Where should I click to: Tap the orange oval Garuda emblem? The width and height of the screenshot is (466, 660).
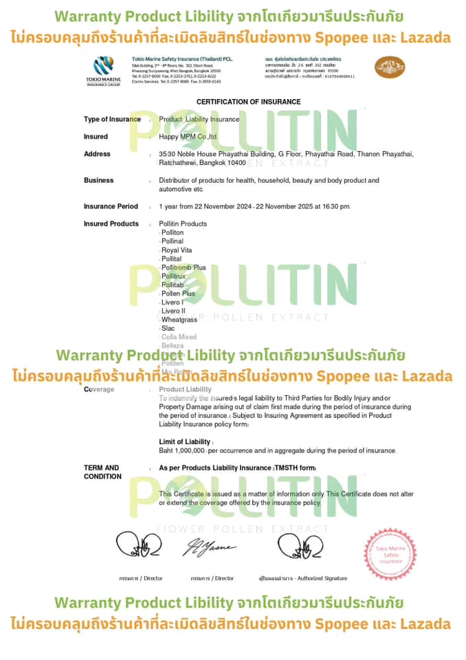tap(390, 67)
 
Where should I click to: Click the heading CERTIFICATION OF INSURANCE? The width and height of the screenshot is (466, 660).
tap(248, 102)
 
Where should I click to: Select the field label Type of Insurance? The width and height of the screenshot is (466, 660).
tap(112, 119)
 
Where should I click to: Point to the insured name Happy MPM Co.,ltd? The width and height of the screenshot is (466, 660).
tap(188, 137)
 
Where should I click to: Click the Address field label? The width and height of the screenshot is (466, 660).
tap(97, 154)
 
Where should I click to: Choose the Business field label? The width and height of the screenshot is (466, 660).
tap(99, 180)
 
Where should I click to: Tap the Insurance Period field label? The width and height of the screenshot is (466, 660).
tap(111, 206)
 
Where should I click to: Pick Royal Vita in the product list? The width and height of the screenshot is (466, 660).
tap(177, 250)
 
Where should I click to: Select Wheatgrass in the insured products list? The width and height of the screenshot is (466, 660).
tap(179, 320)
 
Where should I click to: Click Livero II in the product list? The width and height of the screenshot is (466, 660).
tap(173, 311)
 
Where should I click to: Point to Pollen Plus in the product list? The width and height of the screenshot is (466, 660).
tap(178, 294)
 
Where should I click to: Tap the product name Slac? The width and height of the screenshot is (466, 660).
tap(168, 329)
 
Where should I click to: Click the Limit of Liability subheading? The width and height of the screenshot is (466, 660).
tap(185, 441)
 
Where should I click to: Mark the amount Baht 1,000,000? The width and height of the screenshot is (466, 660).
tap(182, 450)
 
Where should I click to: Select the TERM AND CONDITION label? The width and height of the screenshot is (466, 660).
tap(102, 472)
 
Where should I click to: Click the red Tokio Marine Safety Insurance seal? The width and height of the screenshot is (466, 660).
tap(390, 555)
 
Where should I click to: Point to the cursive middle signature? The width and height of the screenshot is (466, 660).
tap(208, 547)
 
